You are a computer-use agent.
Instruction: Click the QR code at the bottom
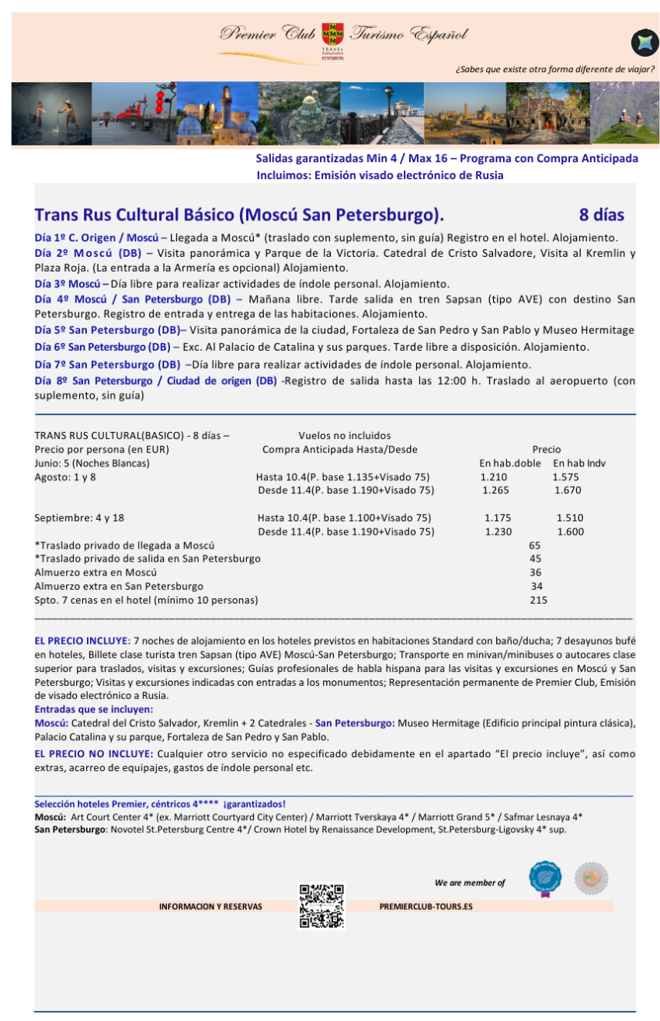coord(321,905)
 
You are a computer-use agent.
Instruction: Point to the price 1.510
coord(570,517)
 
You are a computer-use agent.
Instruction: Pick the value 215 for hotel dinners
coord(538,600)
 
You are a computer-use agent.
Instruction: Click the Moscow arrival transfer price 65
coord(534,545)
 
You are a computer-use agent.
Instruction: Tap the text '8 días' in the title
coord(601,215)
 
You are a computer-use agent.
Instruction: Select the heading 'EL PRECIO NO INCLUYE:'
coord(93,753)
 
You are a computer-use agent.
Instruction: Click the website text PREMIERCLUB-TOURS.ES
coord(426,906)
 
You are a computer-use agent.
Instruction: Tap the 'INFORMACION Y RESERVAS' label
coord(210,906)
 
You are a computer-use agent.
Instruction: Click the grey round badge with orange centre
coord(591,878)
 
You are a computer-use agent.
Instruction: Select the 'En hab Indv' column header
coord(578,463)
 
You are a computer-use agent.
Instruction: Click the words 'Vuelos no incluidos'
coord(345,435)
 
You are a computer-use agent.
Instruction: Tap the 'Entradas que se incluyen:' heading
coord(94,709)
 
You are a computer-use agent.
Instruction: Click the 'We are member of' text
coord(470,882)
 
